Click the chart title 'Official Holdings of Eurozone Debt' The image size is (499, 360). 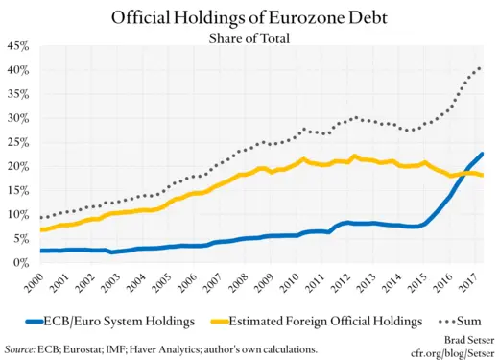click(x=249, y=17)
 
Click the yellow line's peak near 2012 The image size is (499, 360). click(x=355, y=156)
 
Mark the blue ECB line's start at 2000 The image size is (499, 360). click(x=40, y=251)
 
